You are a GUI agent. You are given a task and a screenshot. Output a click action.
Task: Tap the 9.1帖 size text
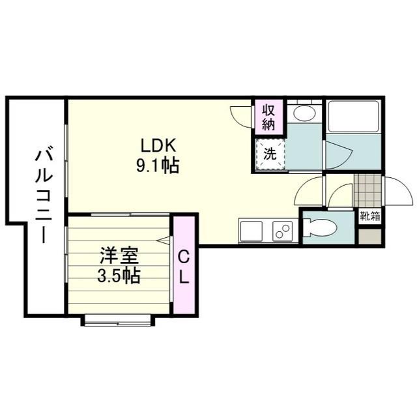157,165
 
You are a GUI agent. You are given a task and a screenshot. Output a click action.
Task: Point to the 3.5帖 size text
118,276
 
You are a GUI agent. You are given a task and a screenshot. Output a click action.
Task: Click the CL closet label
184,266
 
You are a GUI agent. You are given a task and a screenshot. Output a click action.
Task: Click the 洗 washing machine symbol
270,155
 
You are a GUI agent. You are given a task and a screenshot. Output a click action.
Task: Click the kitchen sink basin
251,230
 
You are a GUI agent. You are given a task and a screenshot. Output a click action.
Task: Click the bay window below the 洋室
118,320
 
